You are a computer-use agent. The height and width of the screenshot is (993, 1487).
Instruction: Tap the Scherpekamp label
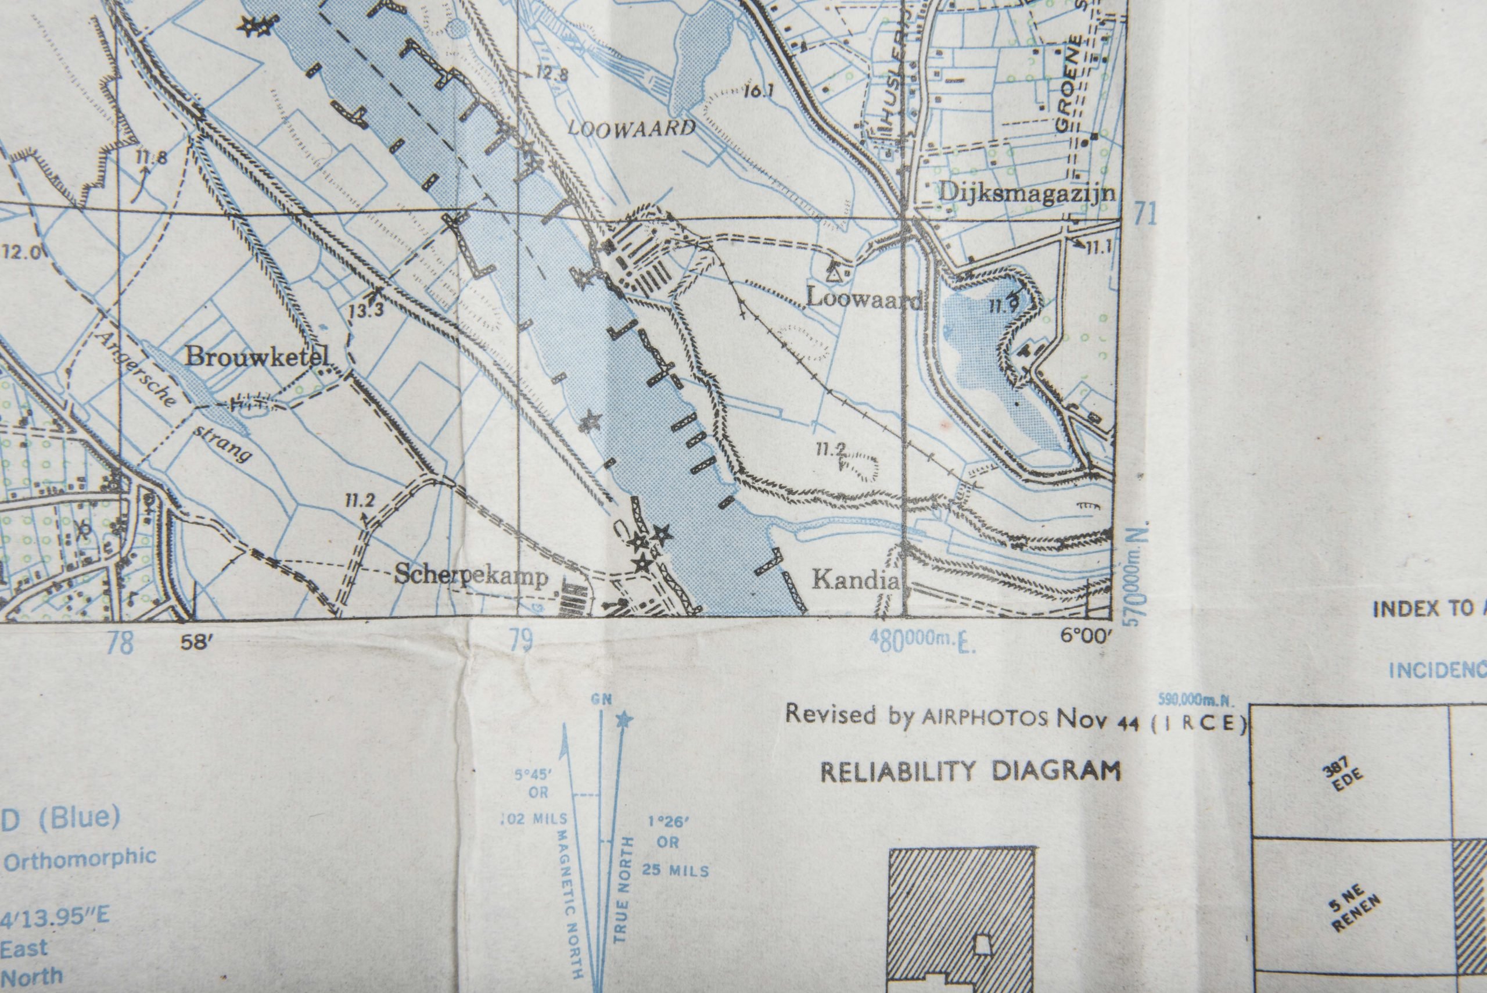tap(471, 575)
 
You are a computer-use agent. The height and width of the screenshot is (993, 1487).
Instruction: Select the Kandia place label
tap(854, 579)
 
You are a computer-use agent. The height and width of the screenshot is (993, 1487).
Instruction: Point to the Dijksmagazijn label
tap(1027, 191)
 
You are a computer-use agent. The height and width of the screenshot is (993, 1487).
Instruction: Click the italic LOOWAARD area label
tap(631, 128)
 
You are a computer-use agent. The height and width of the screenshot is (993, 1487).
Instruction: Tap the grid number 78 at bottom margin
tap(121, 643)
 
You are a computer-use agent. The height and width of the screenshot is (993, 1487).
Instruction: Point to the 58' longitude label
tap(195, 642)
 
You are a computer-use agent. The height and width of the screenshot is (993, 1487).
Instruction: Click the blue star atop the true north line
tap(625, 719)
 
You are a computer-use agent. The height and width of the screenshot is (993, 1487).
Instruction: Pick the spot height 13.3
tap(366, 310)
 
